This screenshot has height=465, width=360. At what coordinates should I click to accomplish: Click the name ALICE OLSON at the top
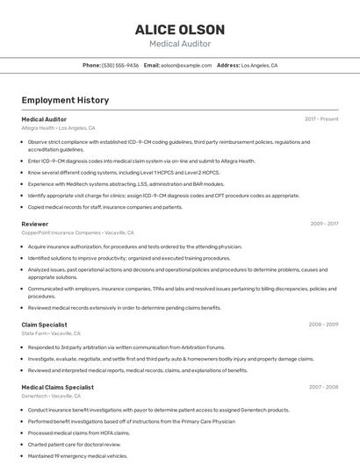pos(179,30)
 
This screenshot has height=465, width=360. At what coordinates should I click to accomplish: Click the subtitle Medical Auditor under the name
pos(179,44)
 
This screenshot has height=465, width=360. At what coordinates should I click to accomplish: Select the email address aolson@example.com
pos(186,65)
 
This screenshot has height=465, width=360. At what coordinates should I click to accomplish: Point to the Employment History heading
pos(65,100)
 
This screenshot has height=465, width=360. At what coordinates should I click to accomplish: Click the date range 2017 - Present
pos(321,118)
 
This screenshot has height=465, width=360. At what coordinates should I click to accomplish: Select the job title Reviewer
pos(35,224)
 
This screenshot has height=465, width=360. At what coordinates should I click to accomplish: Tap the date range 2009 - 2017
pos(324,224)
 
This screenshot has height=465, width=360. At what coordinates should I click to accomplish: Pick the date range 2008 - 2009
pos(323,325)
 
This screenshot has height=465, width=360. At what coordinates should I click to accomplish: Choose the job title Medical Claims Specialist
pos(57,387)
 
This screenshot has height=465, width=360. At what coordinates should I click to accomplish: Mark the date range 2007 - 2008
pos(323,387)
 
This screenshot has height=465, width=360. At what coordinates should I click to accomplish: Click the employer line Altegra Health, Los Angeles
pos(58,128)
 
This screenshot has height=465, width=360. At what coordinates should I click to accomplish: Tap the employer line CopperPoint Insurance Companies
pos(77,233)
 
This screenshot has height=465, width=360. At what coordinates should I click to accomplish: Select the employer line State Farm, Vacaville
pos(51,334)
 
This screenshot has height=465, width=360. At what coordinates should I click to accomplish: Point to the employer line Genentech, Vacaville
pos(52,397)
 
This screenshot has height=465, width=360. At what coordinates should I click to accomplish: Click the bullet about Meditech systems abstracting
pos(126,184)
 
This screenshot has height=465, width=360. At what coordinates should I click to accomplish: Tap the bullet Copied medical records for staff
pos(104,207)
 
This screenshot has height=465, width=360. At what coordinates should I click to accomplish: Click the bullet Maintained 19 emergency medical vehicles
pos(77,455)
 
